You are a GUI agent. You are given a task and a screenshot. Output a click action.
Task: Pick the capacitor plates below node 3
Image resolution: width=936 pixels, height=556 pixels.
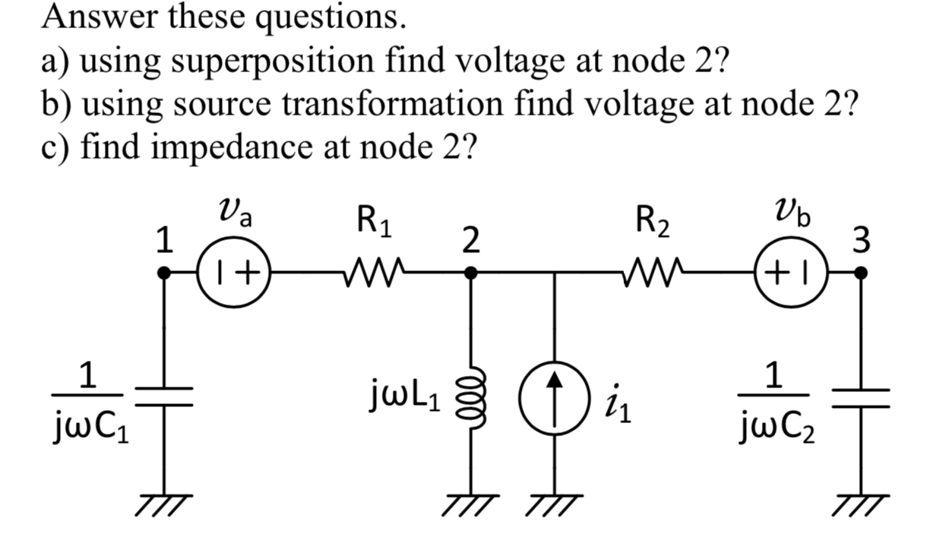click(861, 398)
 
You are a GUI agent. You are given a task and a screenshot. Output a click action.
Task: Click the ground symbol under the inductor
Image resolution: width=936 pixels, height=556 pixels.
click(471, 502)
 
